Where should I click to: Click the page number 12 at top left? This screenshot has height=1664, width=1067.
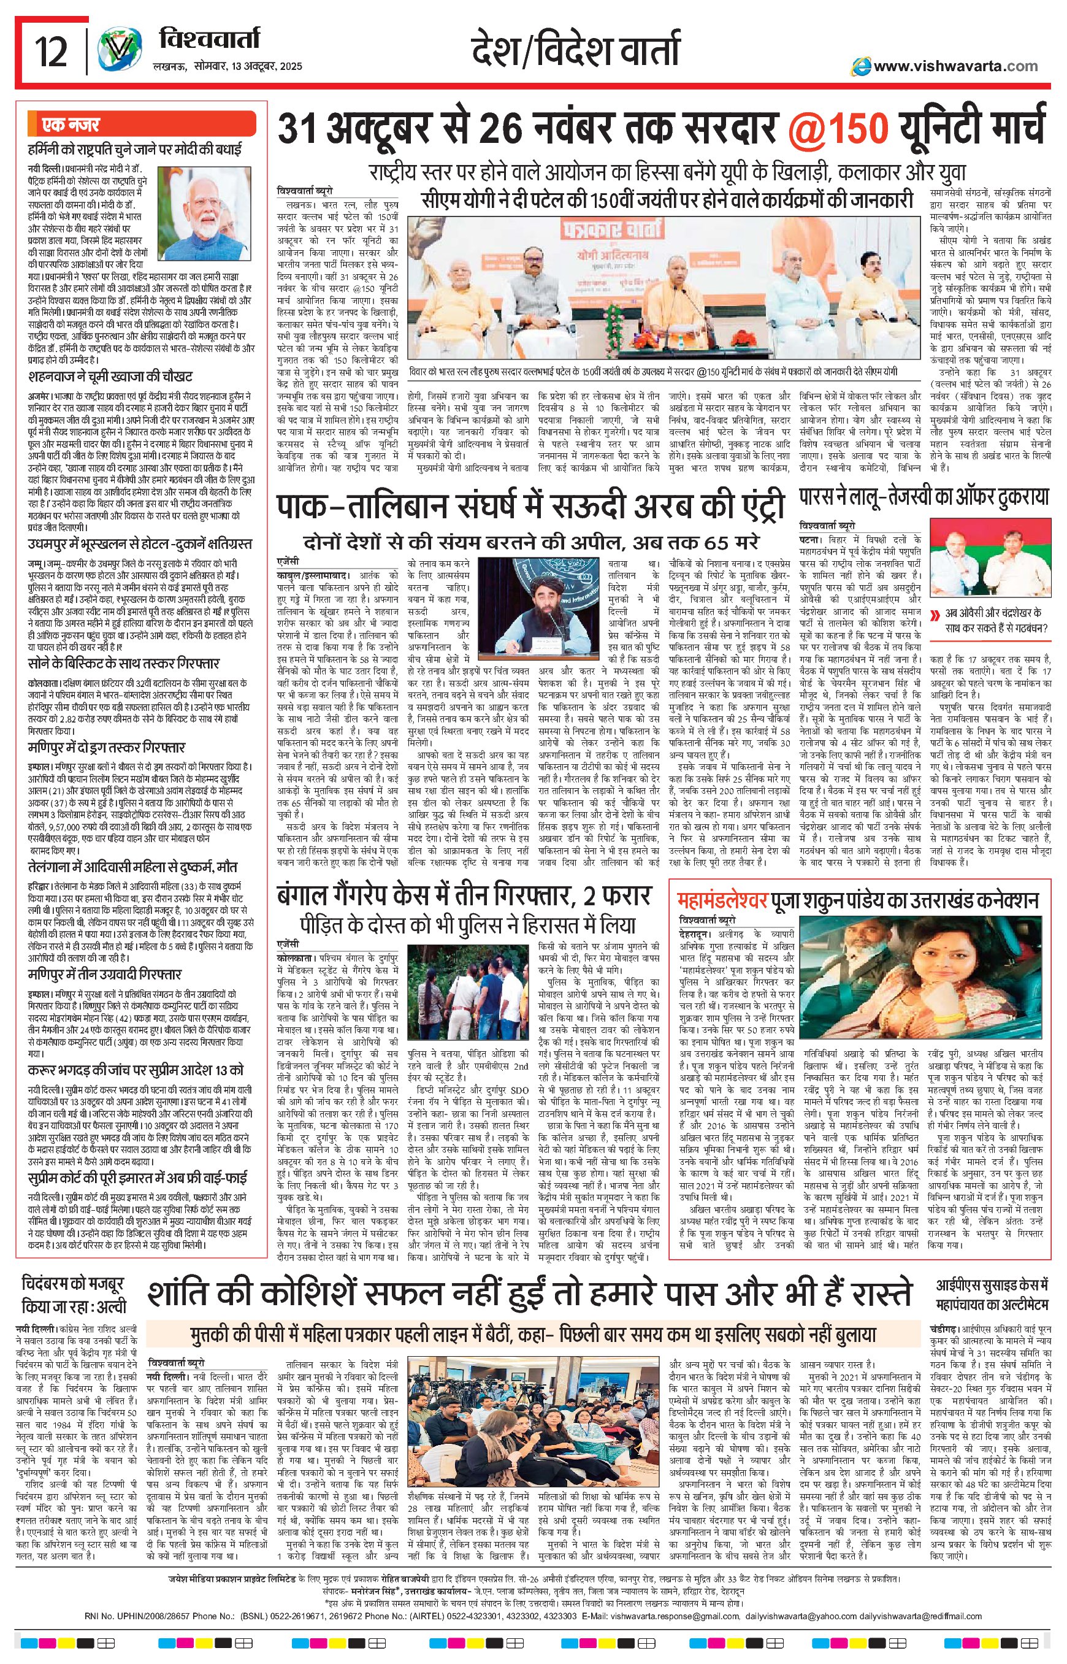point(52,52)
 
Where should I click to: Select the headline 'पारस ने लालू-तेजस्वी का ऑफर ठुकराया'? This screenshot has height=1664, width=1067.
point(924,496)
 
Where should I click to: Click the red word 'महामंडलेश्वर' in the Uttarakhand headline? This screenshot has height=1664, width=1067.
point(722,900)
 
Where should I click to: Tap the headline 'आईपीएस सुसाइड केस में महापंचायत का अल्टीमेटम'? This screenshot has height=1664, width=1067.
point(992,1296)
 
